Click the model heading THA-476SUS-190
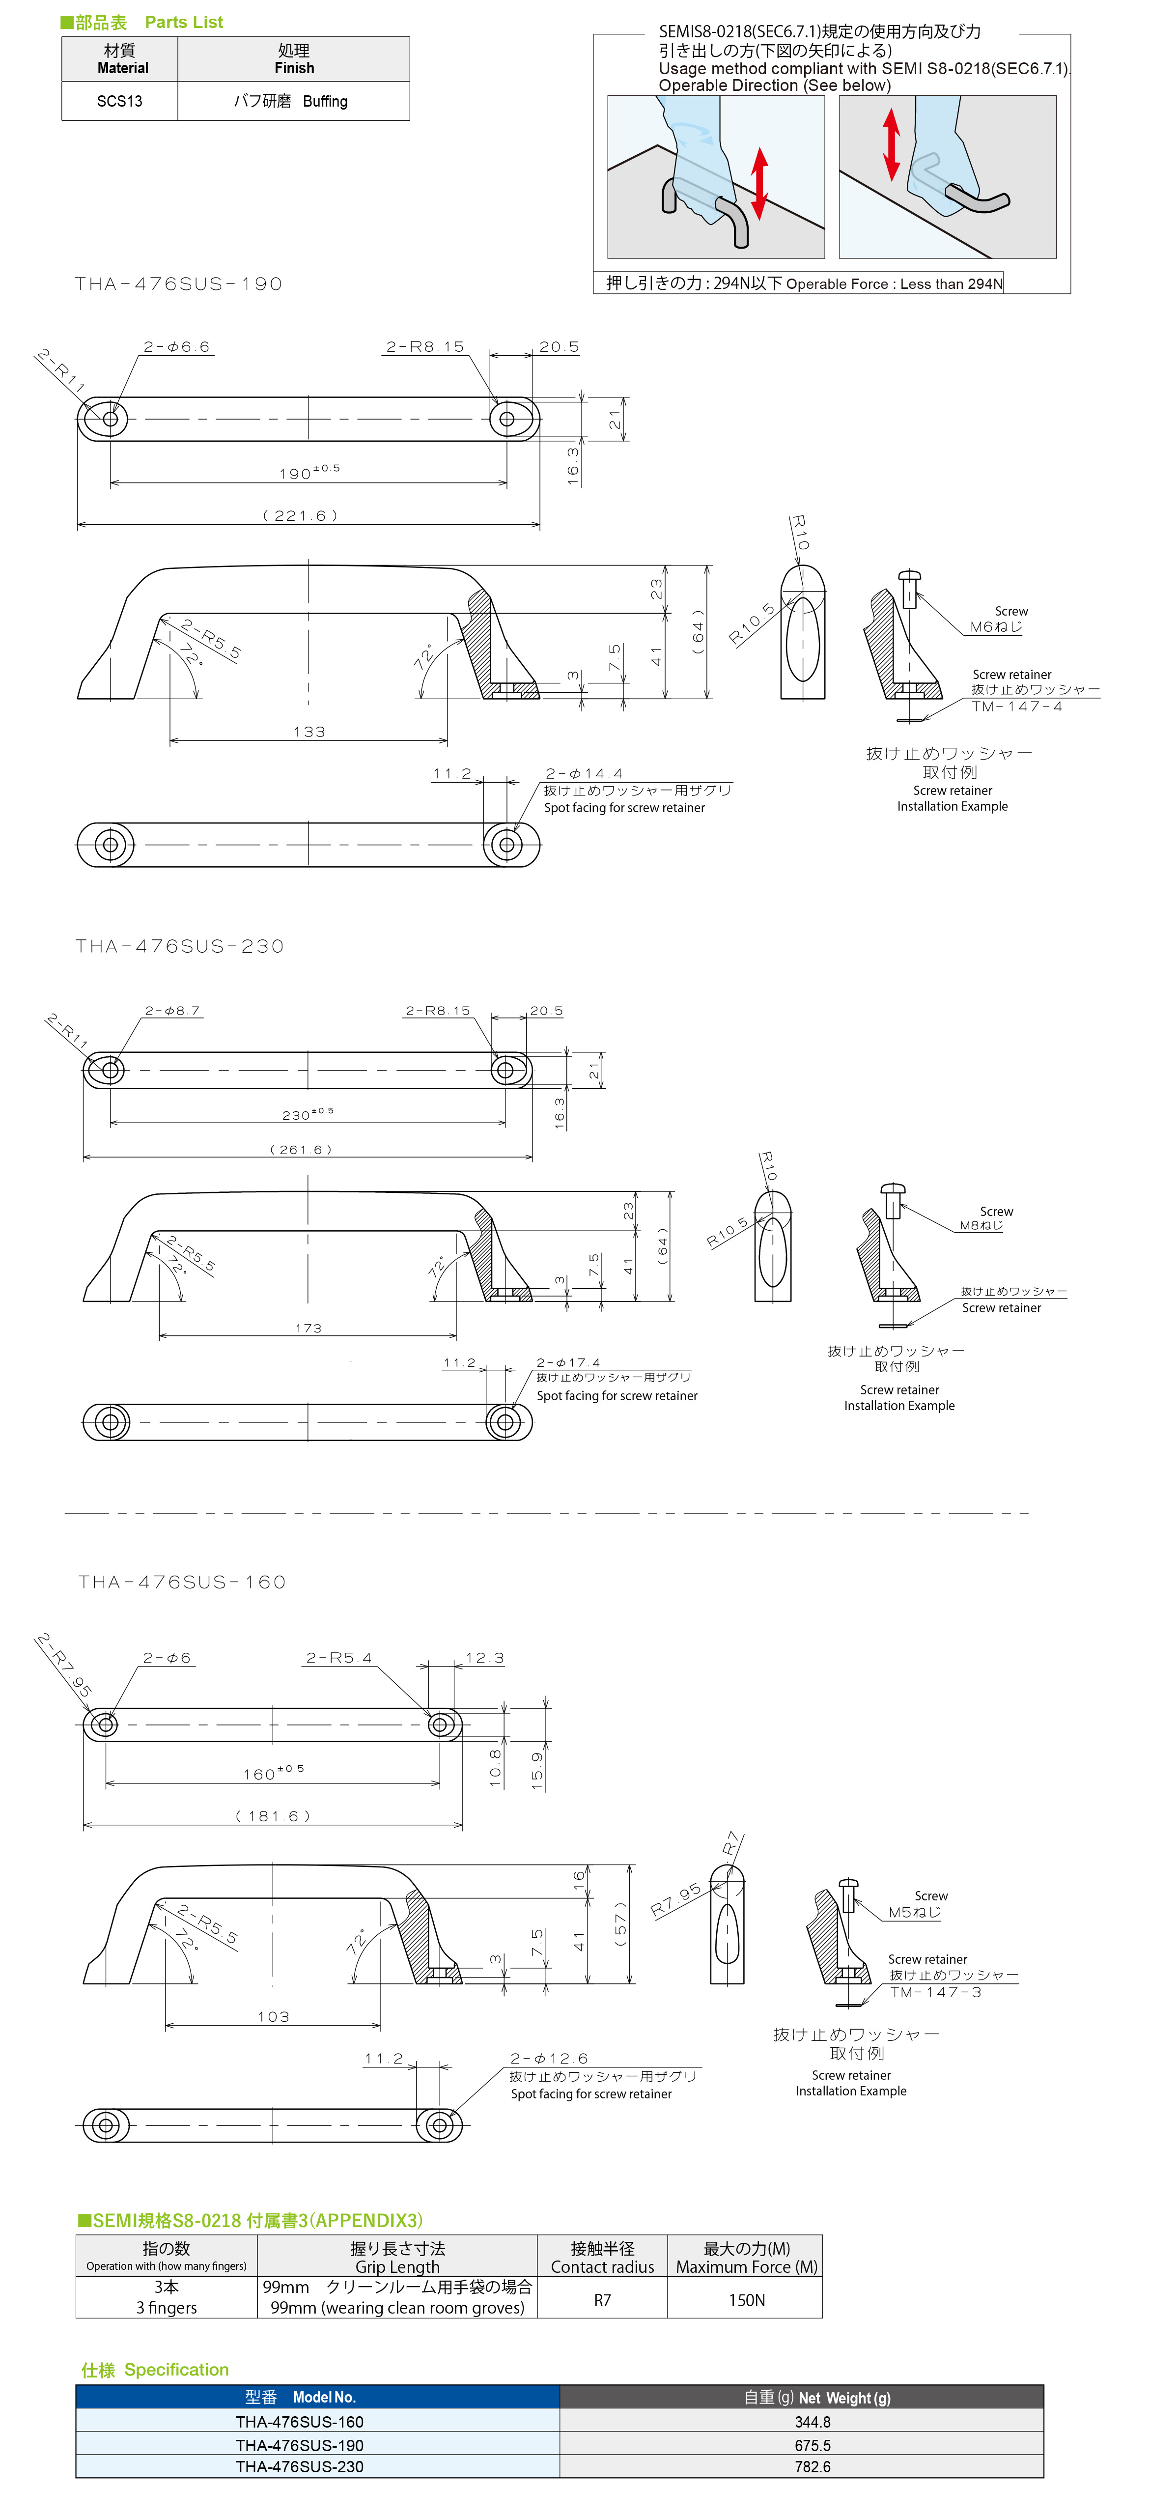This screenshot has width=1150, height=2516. [x=179, y=284]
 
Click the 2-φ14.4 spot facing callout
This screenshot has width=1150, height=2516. [x=584, y=773]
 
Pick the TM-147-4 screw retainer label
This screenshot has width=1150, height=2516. [x=1016, y=706]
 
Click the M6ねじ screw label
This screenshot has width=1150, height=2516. [x=996, y=627]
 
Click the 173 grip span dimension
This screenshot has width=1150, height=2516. [x=309, y=1329]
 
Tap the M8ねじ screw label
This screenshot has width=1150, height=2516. [x=981, y=1226]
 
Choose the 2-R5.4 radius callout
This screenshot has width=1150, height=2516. [x=339, y=1658]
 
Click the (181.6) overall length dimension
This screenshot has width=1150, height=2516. [x=272, y=1816]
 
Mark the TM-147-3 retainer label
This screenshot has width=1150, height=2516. [x=935, y=1991]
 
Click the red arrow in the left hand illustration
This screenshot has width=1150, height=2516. [x=759, y=184]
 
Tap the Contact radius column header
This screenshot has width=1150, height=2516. [x=602, y=2267]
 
